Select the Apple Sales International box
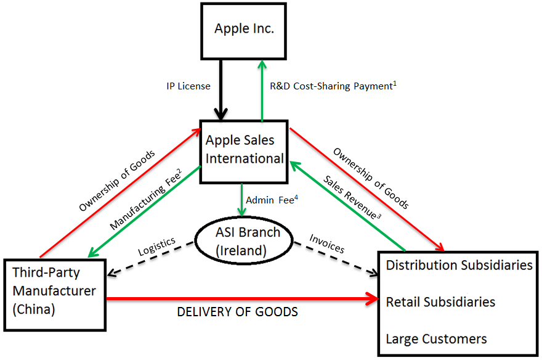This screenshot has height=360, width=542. pyautogui.click(x=245, y=149)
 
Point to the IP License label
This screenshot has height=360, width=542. pyautogui.click(x=188, y=86)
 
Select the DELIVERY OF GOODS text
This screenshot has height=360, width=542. pyautogui.click(x=237, y=312)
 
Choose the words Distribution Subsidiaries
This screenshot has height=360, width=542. pyautogui.click(x=459, y=265)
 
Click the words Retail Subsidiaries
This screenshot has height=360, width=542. pyautogui.click(x=440, y=302)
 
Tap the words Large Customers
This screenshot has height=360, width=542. pyautogui.click(x=436, y=338)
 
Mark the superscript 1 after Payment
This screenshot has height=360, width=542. pyautogui.click(x=394, y=83)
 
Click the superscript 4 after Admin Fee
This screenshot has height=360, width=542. pyautogui.click(x=296, y=197)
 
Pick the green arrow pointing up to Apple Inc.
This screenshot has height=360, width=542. pyautogui.click(x=262, y=87)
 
